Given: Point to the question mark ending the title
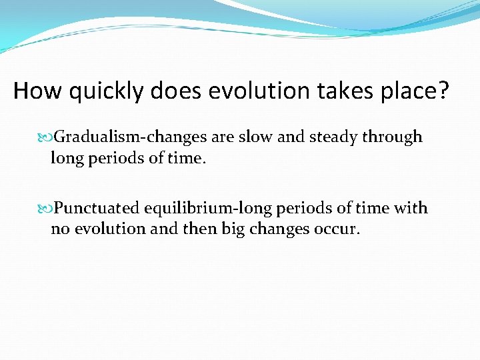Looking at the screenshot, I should point(443,91).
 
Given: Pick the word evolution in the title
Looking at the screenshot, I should point(250,91).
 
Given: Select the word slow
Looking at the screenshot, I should point(254,137).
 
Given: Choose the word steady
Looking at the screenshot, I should point(332,138).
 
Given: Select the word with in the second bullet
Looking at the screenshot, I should point(411,209).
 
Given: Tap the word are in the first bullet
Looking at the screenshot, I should point(221,138).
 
